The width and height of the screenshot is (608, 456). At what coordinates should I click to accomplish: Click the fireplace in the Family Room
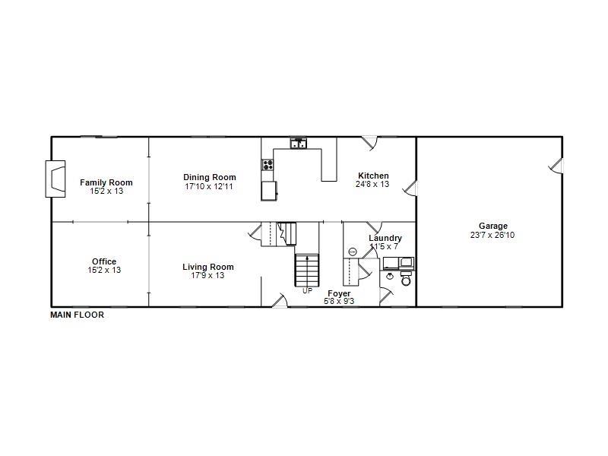55,179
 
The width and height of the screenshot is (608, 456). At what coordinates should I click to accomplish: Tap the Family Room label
106,182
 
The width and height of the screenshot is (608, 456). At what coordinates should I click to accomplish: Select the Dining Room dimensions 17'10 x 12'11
209,186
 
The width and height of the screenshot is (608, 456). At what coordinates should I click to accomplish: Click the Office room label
104,262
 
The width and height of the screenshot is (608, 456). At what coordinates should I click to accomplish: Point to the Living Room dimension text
207,275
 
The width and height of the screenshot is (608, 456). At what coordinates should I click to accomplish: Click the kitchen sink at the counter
298,143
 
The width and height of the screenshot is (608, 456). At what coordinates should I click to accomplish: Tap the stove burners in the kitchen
268,164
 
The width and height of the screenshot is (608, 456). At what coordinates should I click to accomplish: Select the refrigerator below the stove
269,191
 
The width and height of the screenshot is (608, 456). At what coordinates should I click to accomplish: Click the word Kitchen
373,176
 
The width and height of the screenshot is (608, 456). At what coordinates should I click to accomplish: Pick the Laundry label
385,239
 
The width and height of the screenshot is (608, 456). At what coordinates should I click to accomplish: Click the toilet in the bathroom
405,280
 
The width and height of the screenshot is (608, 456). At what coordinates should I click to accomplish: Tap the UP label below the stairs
307,290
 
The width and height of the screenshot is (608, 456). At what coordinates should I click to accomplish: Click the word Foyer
339,293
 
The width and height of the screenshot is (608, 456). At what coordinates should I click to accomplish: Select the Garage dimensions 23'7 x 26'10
492,235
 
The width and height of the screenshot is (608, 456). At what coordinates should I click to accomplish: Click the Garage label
492,226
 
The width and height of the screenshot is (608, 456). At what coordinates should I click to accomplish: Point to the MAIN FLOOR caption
77,315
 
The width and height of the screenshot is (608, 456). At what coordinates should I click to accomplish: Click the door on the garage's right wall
557,165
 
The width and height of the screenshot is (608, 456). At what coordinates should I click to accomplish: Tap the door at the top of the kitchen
369,142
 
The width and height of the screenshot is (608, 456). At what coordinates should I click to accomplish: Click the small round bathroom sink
353,252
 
